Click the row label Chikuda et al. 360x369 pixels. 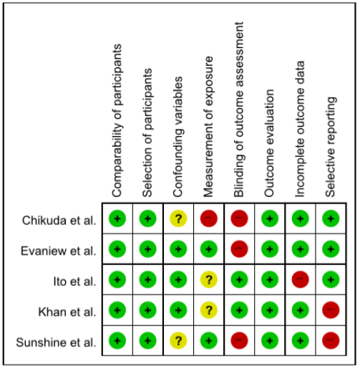click(59, 220)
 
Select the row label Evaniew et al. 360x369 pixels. click(59, 251)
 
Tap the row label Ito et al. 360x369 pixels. click(74, 282)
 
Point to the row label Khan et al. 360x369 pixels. click(67, 312)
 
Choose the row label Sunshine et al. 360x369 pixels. click(56, 342)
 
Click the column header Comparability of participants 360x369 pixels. click(117, 120)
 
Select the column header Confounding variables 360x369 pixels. click(178, 137)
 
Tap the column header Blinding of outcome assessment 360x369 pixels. click(239, 110)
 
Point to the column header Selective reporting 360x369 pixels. click(331, 147)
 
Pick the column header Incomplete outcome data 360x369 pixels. click(300, 129)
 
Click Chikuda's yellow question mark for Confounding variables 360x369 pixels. click(178, 219)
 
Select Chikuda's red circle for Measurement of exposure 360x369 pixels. click(209, 219)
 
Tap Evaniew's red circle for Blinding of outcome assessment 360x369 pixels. click(239, 249)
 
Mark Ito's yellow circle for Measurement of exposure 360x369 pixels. click(209, 279)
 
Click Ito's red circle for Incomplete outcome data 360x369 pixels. click(301, 279)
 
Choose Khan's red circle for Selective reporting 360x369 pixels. click(331, 310)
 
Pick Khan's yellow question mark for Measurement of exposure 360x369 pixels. click(209, 310)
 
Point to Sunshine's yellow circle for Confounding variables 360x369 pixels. click(178, 340)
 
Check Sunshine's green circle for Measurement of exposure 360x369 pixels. click(209, 340)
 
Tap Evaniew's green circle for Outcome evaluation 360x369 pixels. click(270, 249)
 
